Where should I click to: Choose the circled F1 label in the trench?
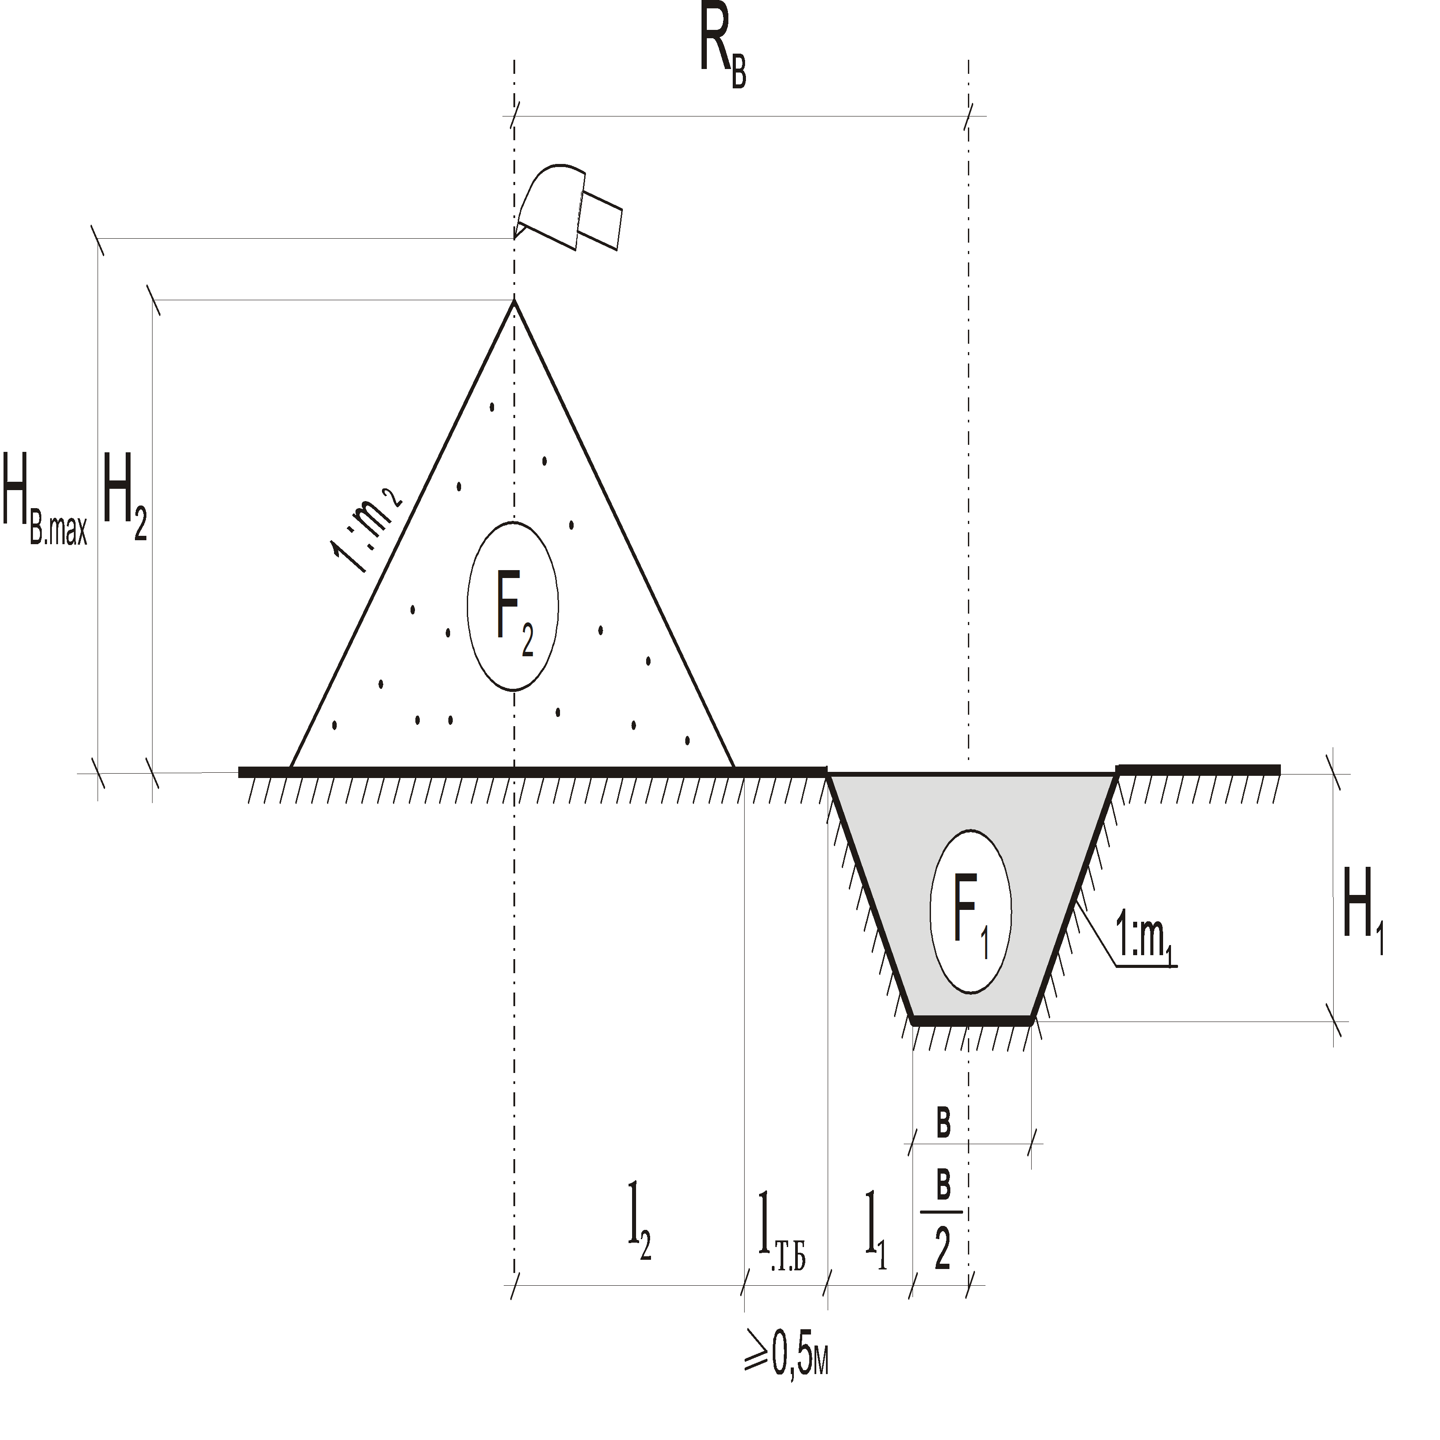[x=971, y=911]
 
